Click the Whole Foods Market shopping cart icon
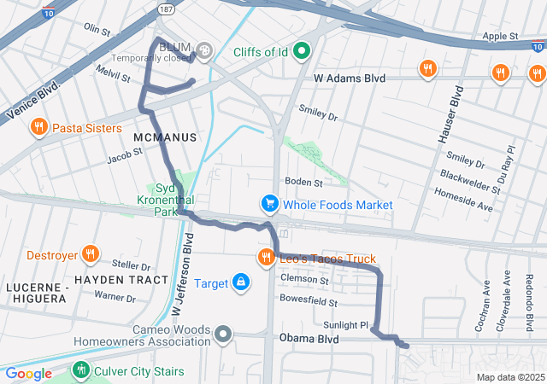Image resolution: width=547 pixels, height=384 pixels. pos(270,205)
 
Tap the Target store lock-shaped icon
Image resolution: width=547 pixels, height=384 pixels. pos(242,282)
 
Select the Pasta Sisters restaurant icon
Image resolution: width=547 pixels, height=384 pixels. pos(38,128)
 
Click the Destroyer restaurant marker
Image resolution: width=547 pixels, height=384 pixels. pos(90,254)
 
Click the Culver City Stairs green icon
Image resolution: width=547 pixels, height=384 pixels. pos(80,370)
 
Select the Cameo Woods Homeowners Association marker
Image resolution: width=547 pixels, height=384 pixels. pos(223,334)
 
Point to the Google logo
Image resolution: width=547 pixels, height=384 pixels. pos(28,373)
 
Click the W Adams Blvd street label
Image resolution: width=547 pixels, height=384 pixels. pos(350,79)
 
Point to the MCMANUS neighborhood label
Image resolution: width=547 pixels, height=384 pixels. pos(165,137)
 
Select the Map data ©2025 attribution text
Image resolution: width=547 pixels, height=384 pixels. pos(509,377)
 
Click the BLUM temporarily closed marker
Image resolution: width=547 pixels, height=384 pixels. pos(203,51)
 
